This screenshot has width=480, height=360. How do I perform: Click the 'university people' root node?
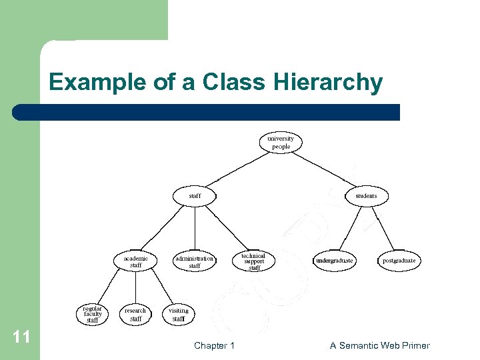281,143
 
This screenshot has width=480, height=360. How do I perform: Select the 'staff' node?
195,196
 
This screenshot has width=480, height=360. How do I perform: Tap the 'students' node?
366,196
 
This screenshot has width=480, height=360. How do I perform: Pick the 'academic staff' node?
135,261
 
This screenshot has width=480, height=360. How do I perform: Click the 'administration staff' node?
194,261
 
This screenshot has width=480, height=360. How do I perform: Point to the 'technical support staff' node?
253,261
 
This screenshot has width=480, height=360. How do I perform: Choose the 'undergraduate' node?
335,261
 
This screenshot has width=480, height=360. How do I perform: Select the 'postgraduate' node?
399,261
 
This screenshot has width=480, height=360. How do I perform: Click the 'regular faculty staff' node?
93,315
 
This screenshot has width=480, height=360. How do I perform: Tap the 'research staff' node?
135,315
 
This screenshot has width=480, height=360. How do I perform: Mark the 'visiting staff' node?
179,315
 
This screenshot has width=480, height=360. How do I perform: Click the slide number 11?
21,337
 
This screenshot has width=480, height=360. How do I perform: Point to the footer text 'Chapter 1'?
214,345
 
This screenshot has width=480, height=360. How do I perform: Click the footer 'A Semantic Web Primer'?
380,345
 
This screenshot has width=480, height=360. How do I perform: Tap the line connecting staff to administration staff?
195,228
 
